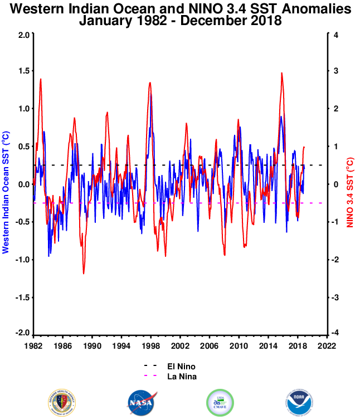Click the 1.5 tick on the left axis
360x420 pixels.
[23, 72]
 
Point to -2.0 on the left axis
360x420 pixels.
[22, 333]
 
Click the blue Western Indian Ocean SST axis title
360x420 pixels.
[6, 184]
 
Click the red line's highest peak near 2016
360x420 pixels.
[282, 73]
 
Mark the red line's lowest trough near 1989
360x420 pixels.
[84, 273]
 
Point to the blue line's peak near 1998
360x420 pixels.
[150, 95]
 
